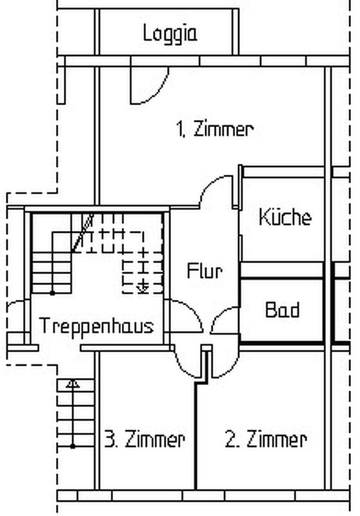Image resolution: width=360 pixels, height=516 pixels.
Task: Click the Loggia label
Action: tap(170, 34)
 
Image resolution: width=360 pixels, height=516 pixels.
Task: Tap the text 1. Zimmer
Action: tap(215, 128)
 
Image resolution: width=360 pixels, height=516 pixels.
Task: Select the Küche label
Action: tap(285, 217)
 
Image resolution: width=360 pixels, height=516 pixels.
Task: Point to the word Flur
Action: tap(205, 271)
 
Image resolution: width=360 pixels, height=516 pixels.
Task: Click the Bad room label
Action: tap(283, 310)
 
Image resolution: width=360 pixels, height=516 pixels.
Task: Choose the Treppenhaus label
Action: tap(96, 326)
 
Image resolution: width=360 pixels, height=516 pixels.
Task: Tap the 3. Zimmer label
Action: tap(145, 439)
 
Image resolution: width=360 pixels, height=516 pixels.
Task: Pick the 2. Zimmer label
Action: tap(266, 439)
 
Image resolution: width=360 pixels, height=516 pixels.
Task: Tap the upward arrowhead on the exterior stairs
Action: tap(72, 384)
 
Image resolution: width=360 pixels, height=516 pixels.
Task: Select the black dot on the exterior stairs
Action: tap(73, 446)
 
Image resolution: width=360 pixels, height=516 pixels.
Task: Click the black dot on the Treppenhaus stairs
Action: tap(52, 293)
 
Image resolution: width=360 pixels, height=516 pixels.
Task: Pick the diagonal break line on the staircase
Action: tap(83, 233)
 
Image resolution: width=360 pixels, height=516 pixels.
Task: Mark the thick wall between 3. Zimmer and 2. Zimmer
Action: tap(195, 435)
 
